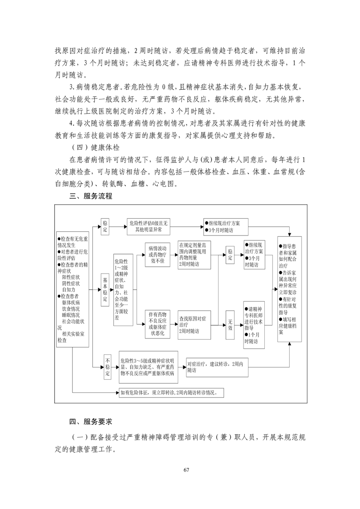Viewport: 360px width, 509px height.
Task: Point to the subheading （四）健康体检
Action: coord(94,147)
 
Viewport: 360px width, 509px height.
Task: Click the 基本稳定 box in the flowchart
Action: coord(105,290)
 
